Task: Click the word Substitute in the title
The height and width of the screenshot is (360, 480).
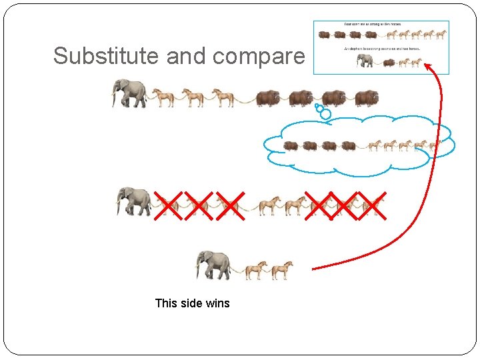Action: (107, 56)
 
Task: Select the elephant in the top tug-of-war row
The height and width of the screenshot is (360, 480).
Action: (130, 93)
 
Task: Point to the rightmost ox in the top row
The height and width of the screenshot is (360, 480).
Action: (366, 98)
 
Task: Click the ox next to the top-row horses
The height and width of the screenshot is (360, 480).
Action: (269, 98)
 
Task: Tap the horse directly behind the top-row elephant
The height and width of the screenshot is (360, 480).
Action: (163, 98)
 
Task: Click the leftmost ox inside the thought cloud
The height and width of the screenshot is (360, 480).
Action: (291, 145)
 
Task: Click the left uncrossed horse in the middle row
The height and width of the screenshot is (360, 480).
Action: (269, 205)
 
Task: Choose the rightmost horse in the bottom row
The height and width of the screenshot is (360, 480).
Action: (282, 269)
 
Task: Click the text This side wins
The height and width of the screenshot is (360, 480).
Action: (192, 303)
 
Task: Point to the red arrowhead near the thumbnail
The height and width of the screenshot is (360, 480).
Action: (429, 67)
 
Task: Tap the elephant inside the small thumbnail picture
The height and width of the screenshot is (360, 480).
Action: (365, 61)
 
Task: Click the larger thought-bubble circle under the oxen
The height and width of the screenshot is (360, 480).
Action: (325, 114)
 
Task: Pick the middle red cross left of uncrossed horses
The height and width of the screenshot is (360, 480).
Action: (198, 205)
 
